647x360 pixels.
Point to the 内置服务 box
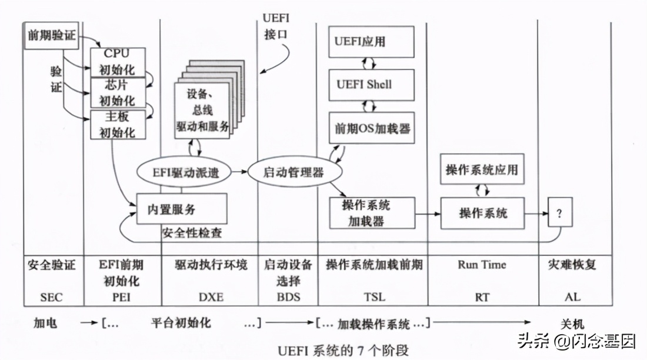point(181,209)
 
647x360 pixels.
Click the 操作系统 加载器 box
point(371,214)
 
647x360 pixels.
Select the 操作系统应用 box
point(482,171)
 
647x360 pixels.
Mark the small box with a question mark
point(559,213)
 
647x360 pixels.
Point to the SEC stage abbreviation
point(52,296)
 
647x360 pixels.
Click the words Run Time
point(482,265)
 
